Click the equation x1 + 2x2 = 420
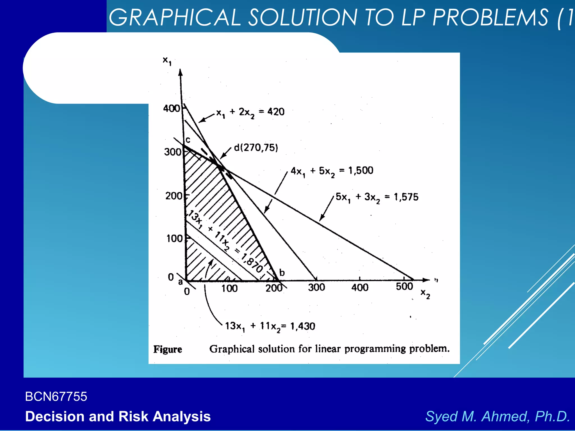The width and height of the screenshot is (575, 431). click(x=250, y=112)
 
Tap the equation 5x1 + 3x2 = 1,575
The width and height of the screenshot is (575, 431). click(x=377, y=197)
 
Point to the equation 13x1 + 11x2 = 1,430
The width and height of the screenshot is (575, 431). click(x=270, y=326)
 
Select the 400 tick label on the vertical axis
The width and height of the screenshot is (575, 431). click(x=171, y=108)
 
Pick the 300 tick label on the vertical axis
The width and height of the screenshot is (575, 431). click(x=172, y=152)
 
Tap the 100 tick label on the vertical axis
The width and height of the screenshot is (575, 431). click(x=174, y=239)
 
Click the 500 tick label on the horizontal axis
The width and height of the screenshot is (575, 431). click(x=404, y=286)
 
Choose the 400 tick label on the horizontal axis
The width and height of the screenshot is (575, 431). click(x=360, y=288)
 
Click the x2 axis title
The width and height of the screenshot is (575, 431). click(x=425, y=294)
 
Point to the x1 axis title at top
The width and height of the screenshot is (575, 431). click(x=167, y=61)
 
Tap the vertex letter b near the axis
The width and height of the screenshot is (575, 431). click(x=282, y=272)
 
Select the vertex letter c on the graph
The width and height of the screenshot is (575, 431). click(x=188, y=140)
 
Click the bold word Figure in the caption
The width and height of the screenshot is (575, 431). click(x=168, y=349)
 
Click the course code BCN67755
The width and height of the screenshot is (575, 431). click(x=56, y=397)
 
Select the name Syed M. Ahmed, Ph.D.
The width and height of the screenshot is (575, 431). click(x=497, y=416)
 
